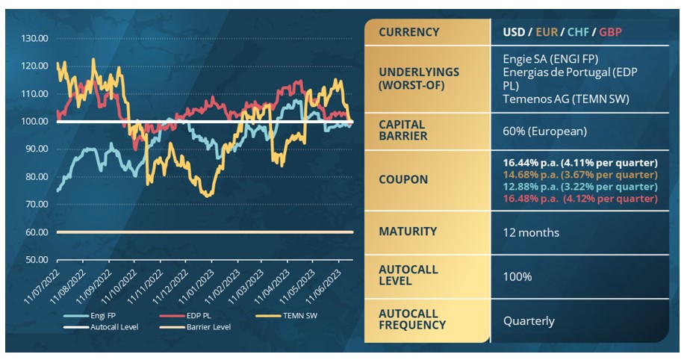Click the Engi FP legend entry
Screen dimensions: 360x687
coord(104,316)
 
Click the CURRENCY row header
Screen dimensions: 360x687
coord(408,33)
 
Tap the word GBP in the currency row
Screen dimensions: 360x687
coord(609,33)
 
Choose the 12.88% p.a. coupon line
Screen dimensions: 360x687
coord(579,187)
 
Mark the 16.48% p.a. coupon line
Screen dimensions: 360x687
coord(579,199)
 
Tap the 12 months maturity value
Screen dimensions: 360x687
coord(531,232)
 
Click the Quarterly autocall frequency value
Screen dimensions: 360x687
coord(529,321)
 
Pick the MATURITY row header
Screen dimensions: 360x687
coord(408,232)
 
